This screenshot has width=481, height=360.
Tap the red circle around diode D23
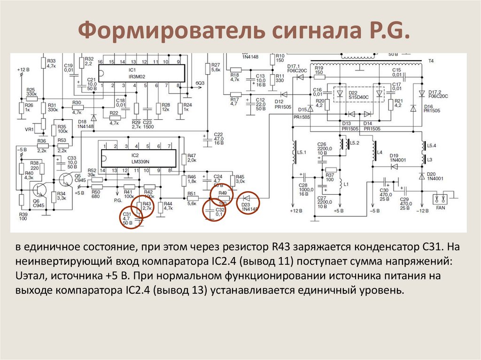click(x=248, y=203)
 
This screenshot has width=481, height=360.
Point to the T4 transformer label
click(x=431, y=61)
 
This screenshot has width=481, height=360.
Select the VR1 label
click(x=29, y=130)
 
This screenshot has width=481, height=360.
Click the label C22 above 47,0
click(x=218, y=134)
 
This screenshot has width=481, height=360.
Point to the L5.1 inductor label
click(x=302, y=153)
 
